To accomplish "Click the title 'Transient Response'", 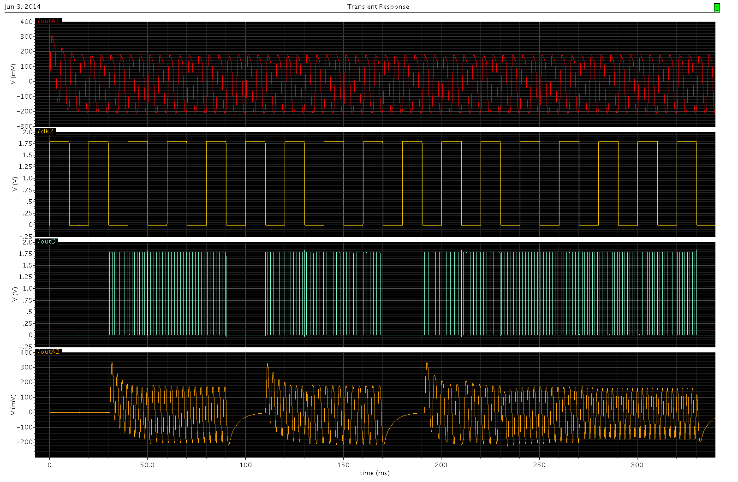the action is click(x=378, y=6).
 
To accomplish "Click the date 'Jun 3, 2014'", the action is click(x=23, y=6).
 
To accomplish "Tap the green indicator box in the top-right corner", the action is click(x=717, y=7).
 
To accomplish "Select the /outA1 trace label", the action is click(x=49, y=21).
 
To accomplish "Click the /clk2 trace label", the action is click(x=46, y=131).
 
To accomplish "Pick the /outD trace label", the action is click(x=47, y=242).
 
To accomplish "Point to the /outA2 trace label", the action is click(x=49, y=352).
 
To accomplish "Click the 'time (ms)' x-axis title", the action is click(x=375, y=473).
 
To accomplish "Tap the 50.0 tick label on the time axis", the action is click(x=147, y=465).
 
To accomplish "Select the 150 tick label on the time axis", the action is click(x=343, y=465).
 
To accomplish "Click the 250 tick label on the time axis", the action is click(x=539, y=465).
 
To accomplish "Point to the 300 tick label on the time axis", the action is click(x=637, y=465).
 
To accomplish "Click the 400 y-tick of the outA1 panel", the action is click(x=27, y=22).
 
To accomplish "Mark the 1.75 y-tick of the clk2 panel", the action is click(x=25, y=143).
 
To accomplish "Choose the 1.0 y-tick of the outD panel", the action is click(x=28, y=289).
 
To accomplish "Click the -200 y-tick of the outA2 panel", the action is click(x=25, y=442).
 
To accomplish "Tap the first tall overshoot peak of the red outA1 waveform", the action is click(x=52, y=36).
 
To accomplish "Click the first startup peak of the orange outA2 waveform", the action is click(x=112, y=363).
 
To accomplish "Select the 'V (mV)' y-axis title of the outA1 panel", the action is click(x=13, y=74).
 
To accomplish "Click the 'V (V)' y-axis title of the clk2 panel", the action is click(x=14, y=184).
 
